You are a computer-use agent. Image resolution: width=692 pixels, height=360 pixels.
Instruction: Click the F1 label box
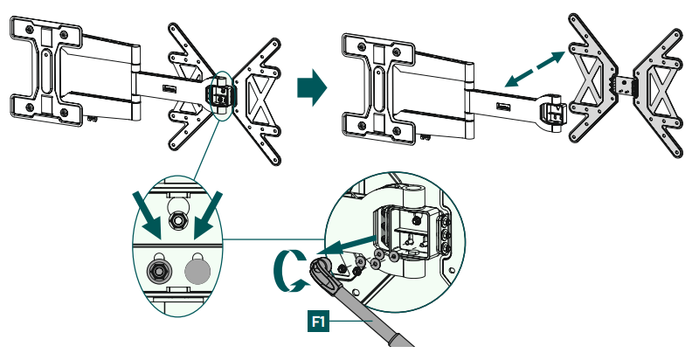tap(319, 322)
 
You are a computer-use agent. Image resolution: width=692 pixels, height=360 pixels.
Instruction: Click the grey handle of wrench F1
tap(384, 327)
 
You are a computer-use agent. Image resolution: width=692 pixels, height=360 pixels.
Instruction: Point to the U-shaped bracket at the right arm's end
tap(550, 114)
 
